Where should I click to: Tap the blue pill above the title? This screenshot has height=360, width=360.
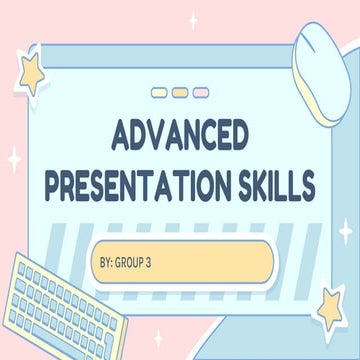pyautogui.click(x=158, y=93)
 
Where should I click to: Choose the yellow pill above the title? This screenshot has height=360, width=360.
pyautogui.click(x=180, y=93)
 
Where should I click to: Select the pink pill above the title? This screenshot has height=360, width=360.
pyautogui.click(x=201, y=93)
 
